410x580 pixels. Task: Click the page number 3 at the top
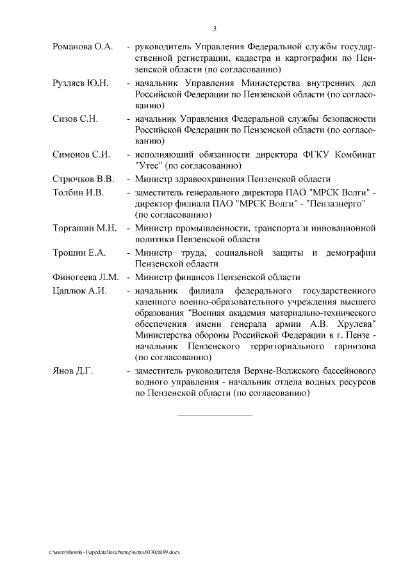[215, 28]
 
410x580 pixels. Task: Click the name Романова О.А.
[83, 47]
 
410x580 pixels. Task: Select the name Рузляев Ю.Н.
[81, 83]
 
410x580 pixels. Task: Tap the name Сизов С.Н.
[74, 119]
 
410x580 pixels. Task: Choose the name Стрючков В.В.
[83, 179]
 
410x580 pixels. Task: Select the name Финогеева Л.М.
[86, 278]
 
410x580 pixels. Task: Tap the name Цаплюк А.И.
[79, 290]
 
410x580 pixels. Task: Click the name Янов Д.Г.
[72, 370]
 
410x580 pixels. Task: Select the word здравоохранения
[211, 179]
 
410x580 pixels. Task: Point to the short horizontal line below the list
[215, 415]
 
